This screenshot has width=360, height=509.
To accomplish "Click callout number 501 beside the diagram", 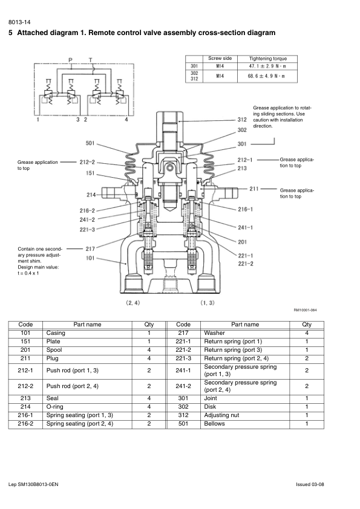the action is (90, 143).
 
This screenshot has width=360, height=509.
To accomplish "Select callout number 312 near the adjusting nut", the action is (242, 120).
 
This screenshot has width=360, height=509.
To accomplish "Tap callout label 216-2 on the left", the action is (87, 211).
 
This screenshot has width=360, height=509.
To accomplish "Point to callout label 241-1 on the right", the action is (245, 227).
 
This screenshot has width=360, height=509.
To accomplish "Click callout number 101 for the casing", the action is (90, 258).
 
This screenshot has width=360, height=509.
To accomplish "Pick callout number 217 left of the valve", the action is (90, 248).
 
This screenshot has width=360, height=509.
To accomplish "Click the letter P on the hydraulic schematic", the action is (71, 60).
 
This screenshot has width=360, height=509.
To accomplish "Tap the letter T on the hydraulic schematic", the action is (90, 60).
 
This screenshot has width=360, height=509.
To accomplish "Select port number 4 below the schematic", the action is (126, 120).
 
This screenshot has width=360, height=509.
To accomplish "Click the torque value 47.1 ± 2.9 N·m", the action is (267, 66).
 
